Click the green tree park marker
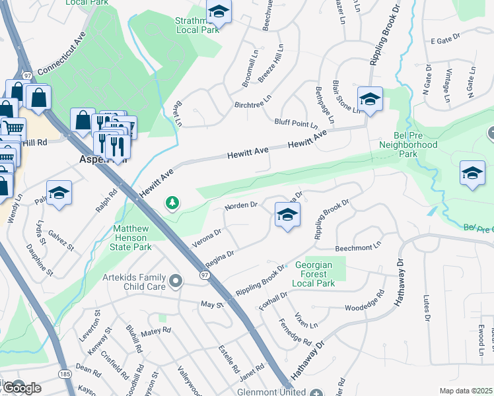click(173, 203)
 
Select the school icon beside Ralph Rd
click(59, 193)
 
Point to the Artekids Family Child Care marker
click(175, 282)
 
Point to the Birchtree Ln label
click(253, 104)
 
